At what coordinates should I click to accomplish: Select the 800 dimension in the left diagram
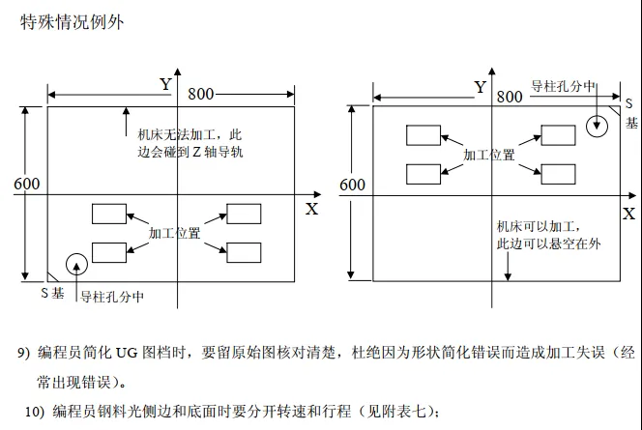tap(201, 94)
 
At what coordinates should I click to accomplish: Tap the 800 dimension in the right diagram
tap(509, 97)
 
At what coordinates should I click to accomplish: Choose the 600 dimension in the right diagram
tap(353, 184)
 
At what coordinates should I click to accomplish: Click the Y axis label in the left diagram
tap(165, 84)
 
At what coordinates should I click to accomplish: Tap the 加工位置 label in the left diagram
tap(175, 234)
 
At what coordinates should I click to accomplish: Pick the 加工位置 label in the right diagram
tap(489, 155)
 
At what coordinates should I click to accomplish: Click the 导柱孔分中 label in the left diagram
tap(111, 296)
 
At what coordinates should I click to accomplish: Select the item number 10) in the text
tap(35, 411)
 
